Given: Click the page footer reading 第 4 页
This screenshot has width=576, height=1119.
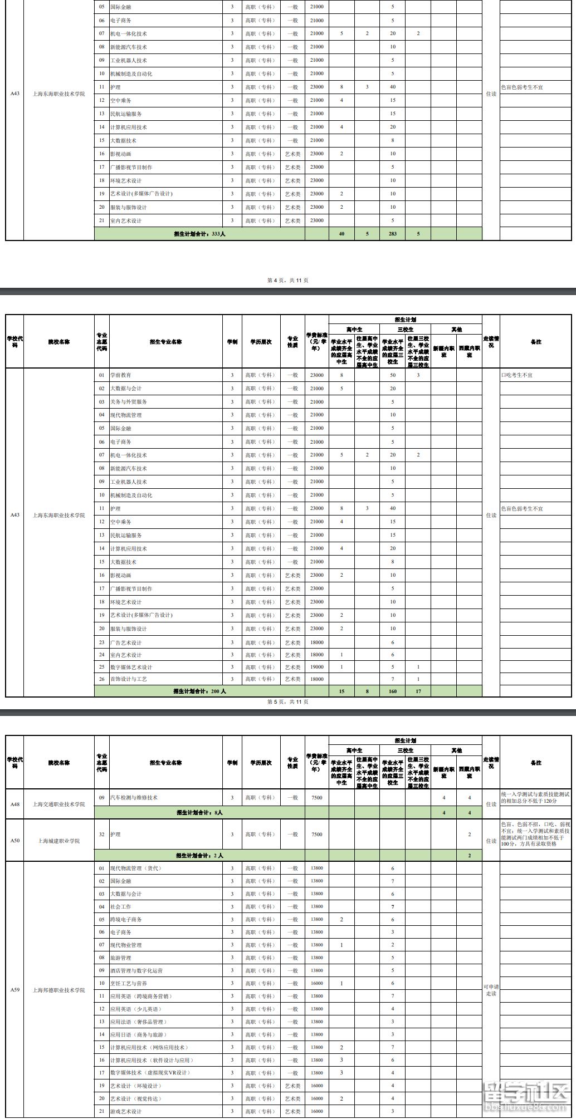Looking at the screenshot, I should point(287,280).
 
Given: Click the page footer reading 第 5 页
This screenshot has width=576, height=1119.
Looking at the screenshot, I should point(287,701).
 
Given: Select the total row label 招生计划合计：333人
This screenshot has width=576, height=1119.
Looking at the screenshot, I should point(199,234).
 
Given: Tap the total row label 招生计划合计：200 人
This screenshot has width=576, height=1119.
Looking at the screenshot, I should point(199,691).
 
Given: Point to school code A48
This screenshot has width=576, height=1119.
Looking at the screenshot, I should point(14,804).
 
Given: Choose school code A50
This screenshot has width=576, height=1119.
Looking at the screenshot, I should point(14,840).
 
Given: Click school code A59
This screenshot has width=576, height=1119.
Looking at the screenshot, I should point(14,990).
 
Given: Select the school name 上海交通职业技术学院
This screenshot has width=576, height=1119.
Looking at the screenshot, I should point(58,804).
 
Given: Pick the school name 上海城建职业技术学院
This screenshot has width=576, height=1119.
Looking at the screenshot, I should point(58,841).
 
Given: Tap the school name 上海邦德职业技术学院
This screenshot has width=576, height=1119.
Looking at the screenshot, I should point(58,990).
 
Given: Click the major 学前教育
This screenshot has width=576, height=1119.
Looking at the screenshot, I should point(121,375).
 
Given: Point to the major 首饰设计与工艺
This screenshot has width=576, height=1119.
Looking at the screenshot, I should point(129,679).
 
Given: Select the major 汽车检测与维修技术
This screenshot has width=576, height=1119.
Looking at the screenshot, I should point(134,798).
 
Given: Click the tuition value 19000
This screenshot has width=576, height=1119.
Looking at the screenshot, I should point(316,666).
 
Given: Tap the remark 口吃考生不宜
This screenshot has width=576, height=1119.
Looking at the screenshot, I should point(517,375).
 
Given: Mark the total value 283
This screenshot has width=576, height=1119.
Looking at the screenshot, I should point(393,234).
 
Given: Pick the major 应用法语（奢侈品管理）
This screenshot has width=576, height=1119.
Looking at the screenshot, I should point(138,1022).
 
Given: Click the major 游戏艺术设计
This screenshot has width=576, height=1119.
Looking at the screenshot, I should point(126,1111).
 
